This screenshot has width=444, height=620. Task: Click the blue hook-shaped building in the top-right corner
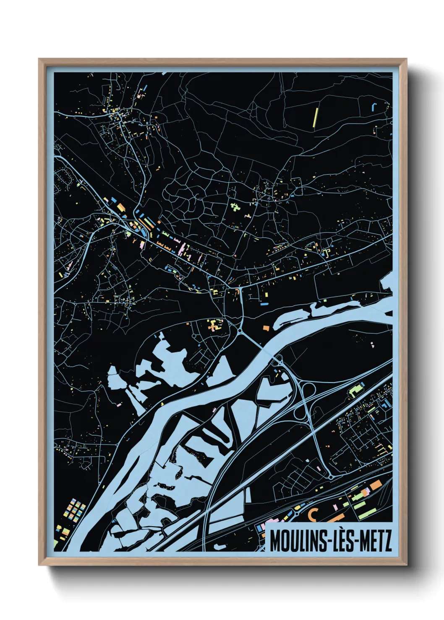(x=375, y=106)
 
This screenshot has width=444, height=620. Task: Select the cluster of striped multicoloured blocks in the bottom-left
(x=76, y=509)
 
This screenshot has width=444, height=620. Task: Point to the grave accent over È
(x=341, y=531)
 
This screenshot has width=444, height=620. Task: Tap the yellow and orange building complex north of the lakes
(x=215, y=325)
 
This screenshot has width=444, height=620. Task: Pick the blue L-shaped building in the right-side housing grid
(x=384, y=404)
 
